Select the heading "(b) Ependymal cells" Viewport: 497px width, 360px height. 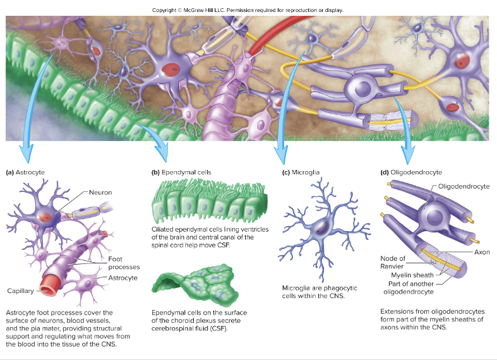tap(181, 172)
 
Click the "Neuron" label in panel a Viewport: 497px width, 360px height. tap(100, 192)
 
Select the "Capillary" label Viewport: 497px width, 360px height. tap(20, 291)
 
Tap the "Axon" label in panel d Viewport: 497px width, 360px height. tap(481, 252)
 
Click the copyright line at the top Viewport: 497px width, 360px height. tap(248, 9)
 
